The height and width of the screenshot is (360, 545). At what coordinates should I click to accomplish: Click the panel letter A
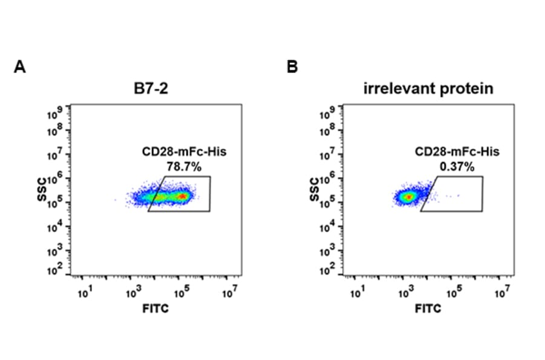click(19, 67)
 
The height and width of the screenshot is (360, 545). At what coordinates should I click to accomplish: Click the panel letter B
click(292, 67)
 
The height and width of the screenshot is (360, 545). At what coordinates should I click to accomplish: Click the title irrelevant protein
click(429, 89)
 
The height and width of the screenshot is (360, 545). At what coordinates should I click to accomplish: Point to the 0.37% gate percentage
click(457, 164)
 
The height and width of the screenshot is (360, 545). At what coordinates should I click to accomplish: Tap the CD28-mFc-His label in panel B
click(457, 152)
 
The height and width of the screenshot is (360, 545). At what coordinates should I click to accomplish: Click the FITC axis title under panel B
click(429, 308)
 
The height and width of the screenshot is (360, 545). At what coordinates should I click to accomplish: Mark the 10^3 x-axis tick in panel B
click(405, 294)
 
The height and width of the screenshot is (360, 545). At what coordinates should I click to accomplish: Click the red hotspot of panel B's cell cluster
click(408, 197)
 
